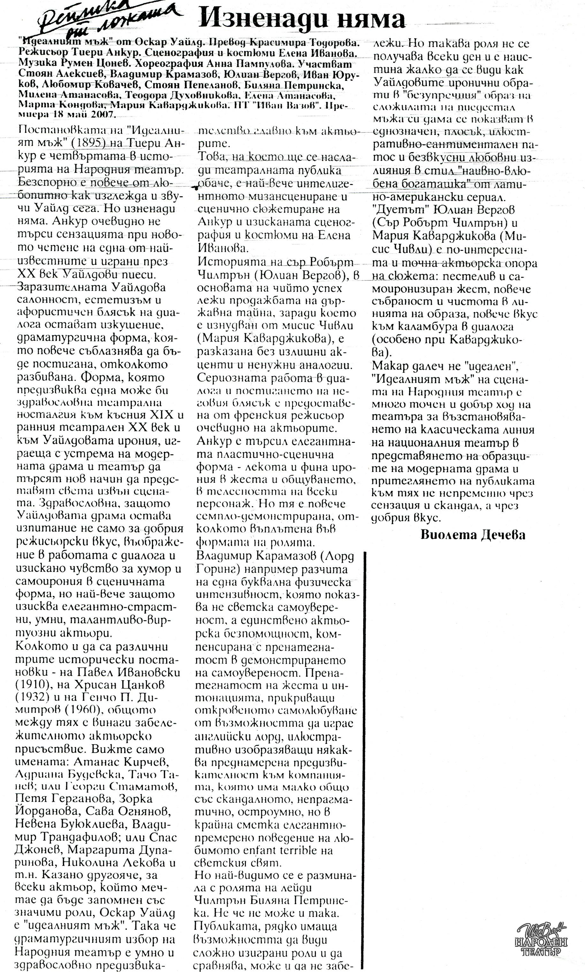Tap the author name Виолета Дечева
[x=473, y=535]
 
